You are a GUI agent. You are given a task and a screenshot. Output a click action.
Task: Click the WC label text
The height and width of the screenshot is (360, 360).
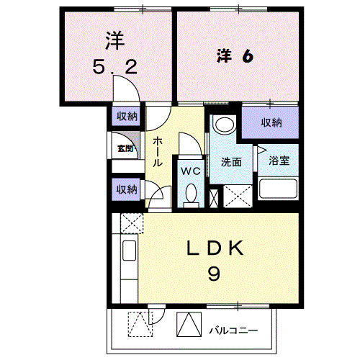coord(189,171)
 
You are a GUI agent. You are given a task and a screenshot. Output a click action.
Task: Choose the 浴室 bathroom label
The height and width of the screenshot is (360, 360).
coord(279,161)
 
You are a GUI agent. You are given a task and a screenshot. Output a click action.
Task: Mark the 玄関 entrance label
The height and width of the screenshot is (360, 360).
coord(125,149)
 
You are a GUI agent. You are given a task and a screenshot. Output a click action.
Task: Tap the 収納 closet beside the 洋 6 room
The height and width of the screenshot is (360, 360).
coord(271,122)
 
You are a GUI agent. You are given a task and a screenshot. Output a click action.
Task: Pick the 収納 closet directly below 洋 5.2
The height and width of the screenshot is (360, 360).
coord(126,117)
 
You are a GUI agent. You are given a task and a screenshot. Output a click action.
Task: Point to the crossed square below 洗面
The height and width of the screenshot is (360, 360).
coord(237,197)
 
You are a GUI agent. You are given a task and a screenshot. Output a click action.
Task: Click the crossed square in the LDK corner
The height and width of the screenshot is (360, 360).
coord(131,223)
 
